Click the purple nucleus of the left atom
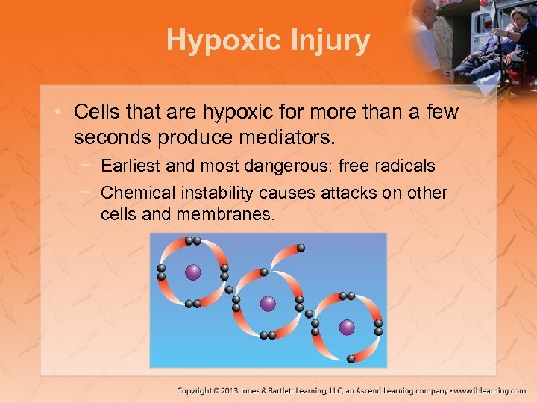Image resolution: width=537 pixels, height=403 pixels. (x=192, y=272)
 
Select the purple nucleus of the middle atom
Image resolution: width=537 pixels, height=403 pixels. (x=268, y=304)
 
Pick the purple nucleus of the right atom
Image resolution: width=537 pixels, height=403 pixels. (x=347, y=327)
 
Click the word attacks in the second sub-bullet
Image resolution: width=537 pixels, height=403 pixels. (x=341, y=193)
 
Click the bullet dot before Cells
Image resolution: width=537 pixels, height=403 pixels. (x=60, y=113)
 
